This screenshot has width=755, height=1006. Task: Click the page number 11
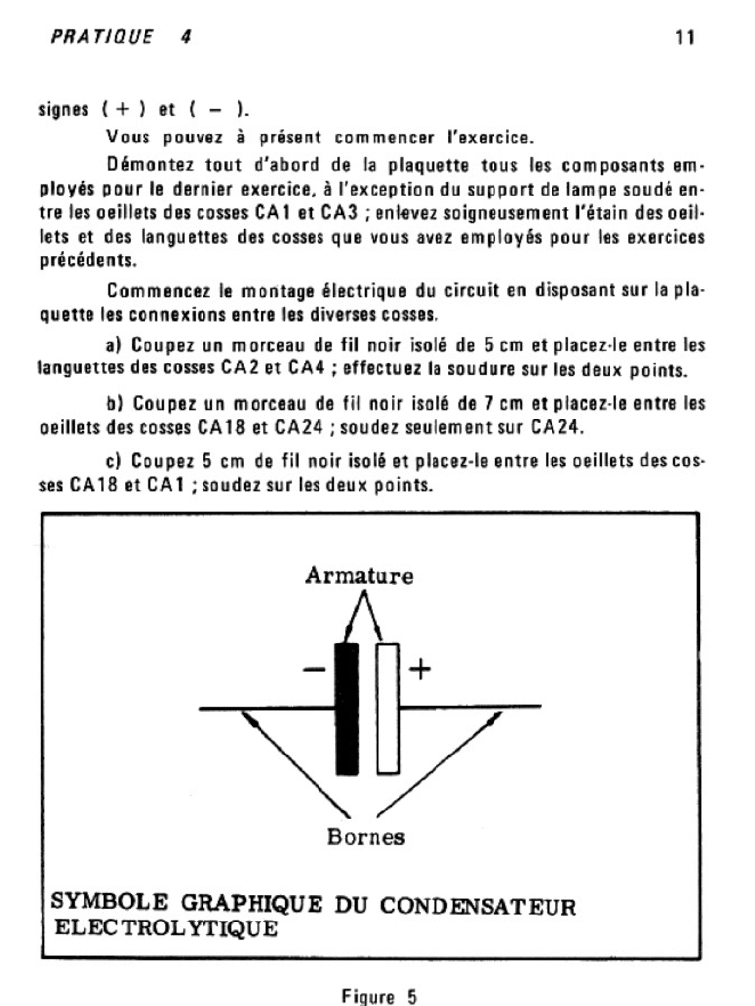click(x=685, y=38)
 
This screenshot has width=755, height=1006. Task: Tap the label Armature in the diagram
click(x=359, y=576)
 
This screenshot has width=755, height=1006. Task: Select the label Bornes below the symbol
click(x=366, y=837)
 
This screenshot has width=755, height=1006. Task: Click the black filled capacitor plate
click(x=346, y=707)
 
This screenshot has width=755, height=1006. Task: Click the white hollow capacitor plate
click(x=387, y=707)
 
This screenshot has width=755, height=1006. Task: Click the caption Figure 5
click(x=378, y=995)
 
